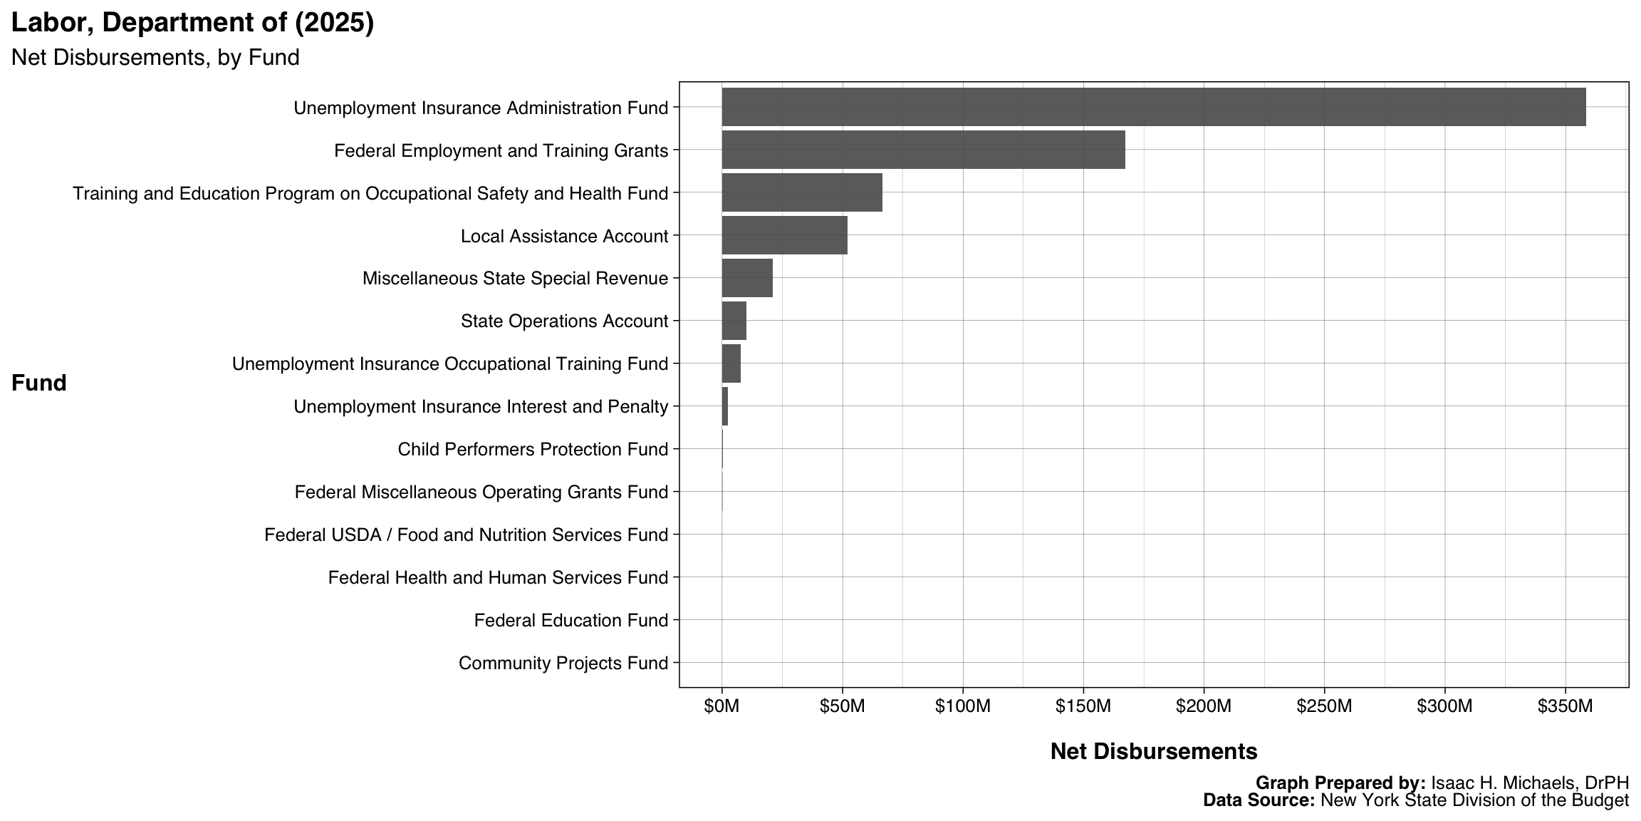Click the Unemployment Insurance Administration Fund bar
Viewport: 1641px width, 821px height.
pyautogui.click(x=1153, y=107)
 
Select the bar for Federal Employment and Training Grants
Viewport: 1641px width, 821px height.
pyautogui.click(x=923, y=150)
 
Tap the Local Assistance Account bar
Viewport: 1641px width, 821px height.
pyautogui.click(x=784, y=235)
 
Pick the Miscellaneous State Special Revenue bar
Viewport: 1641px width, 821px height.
pyautogui.click(x=747, y=278)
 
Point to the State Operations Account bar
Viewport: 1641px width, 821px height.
pyautogui.click(x=734, y=321)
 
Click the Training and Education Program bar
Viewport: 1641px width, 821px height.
pyautogui.click(x=802, y=192)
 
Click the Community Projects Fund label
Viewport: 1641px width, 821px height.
pyautogui.click(x=563, y=663)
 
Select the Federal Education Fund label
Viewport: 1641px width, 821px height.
pyautogui.click(x=571, y=621)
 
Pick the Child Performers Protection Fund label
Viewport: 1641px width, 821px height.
pyautogui.click(x=533, y=450)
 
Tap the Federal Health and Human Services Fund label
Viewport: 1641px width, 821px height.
pyautogui.click(x=498, y=578)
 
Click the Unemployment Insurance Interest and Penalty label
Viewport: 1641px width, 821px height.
pyautogui.click(x=481, y=407)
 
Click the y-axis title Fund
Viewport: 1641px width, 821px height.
pyautogui.click(x=39, y=383)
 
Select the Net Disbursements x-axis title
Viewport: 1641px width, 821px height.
pyautogui.click(x=1154, y=751)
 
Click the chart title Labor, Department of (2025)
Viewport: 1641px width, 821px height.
pyautogui.click(x=192, y=23)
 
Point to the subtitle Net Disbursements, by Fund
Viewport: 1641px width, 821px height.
pyautogui.click(x=155, y=58)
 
